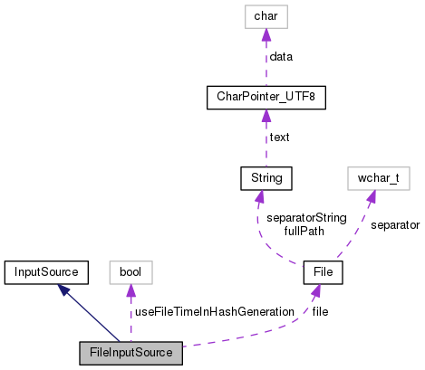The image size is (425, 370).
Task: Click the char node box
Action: pyautogui.click(x=265, y=15)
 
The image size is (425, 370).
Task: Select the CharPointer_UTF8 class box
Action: pyautogui.click(x=265, y=96)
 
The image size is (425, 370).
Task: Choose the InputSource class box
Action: pyautogui.click(x=44, y=270)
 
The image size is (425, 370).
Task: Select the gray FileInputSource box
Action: pyautogui.click(x=130, y=351)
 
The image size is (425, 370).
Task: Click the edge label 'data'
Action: pyautogui.click(x=281, y=56)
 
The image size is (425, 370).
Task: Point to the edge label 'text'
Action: pyautogui.click(x=279, y=137)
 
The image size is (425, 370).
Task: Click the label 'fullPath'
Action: pyautogui.click(x=304, y=232)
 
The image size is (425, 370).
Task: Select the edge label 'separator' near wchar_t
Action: pyautogui.click(x=394, y=223)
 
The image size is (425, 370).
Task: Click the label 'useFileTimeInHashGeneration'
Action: pyautogui.click(x=214, y=311)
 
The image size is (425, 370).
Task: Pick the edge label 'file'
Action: pyautogui.click(x=321, y=311)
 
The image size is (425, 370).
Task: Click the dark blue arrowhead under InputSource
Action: pyautogui.click(x=64, y=289)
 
